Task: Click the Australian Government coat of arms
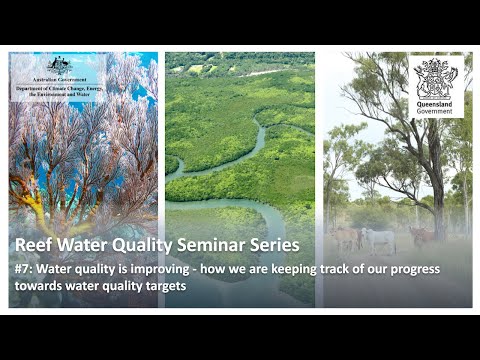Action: (59, 63)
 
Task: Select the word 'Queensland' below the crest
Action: (435, 101)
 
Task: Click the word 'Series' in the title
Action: (271, 245)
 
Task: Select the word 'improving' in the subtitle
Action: (160, 269)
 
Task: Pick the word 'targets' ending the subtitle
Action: (167, 285)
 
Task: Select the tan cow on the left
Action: (345, 238)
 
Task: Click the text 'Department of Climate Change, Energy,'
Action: (59, 87)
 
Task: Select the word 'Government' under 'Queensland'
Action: (435, 110)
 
